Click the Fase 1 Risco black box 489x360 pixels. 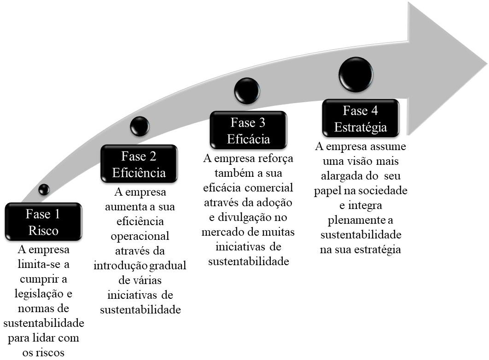coord(44,221)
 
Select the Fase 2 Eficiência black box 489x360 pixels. coord(139,163)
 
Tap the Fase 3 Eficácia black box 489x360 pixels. coord(248,130)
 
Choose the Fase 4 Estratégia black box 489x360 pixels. coord(361,118)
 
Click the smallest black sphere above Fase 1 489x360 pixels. coord(44,189)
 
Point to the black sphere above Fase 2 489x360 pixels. coord(140,126)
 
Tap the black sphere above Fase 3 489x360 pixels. coord(247,91)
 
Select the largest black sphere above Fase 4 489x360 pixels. coord(356,75)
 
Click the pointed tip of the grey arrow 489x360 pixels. coord(487,65)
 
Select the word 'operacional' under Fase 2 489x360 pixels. coord(140,236)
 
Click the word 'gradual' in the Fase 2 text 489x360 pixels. coord(168,266)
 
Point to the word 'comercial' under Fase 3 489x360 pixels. coord(269,188)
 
